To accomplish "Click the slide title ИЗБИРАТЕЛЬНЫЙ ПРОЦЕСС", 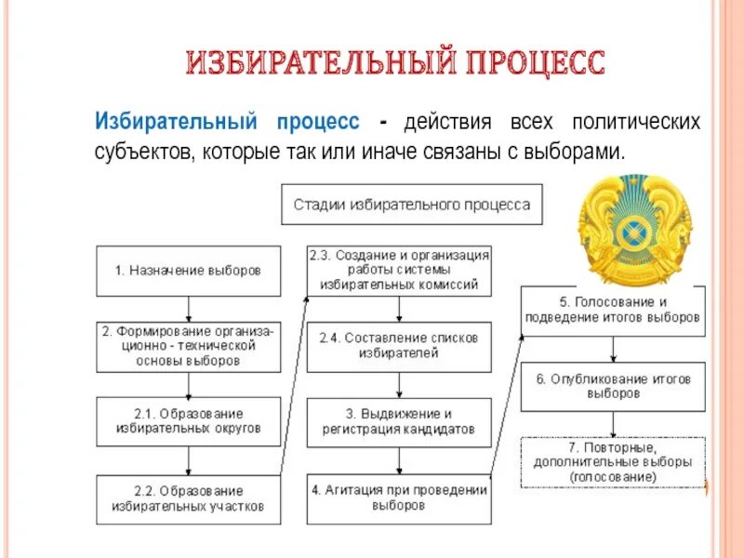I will [395, 64].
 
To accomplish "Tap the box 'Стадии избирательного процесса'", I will [412, 204].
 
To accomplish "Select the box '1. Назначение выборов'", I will [189, 271].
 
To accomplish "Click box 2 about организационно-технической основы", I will [189, 345].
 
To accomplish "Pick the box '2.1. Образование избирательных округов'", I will [189, 420].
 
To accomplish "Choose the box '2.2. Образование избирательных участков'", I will [189, 498].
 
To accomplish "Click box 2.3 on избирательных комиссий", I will [399, 270].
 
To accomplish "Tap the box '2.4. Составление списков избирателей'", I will [399, 345].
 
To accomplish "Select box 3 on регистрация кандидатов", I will [399, 421].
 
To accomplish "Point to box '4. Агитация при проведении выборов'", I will [399, 498].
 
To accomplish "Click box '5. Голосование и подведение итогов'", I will [613, 310].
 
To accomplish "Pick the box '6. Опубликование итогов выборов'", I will [613, 386].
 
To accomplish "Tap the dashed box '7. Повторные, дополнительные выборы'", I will [613, 461].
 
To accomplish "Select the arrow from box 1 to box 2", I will [189, 309].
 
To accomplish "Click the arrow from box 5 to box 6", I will [613, 348].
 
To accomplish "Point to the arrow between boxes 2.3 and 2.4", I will [399, 310].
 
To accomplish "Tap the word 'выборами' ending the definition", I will [571, 151].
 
